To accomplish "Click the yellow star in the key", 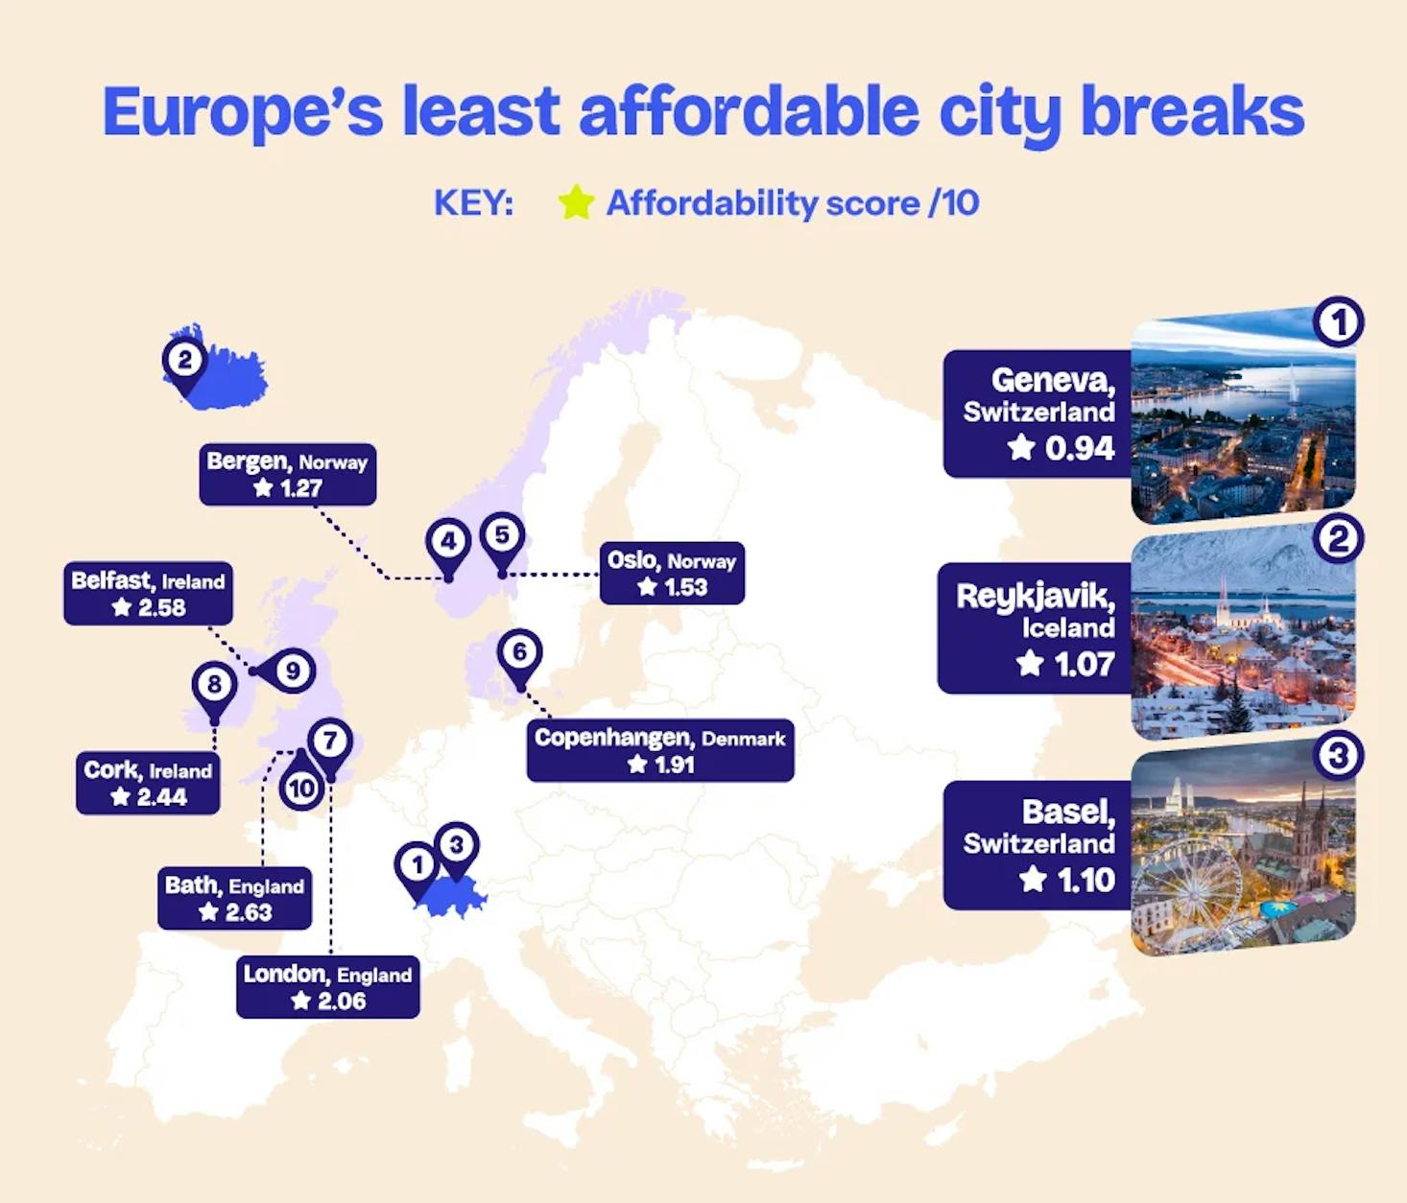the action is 576,202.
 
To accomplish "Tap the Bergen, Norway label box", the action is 287,474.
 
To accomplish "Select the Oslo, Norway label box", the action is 672,573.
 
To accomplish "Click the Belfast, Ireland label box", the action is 149,593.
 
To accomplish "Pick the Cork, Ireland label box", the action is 148,783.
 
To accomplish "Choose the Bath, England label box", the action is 235,898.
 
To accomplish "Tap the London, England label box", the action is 328,987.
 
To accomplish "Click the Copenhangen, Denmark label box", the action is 660,750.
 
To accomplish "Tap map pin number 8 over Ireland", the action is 214,691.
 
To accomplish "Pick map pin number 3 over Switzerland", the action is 456,852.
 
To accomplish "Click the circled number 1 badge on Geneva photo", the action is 1338,322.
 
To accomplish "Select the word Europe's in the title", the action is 244,111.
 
